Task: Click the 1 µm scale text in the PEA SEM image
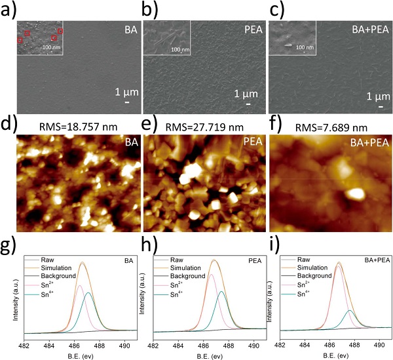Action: [246, 94]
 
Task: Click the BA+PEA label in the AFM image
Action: [370, 142]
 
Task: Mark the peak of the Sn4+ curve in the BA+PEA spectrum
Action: [350, 310]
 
